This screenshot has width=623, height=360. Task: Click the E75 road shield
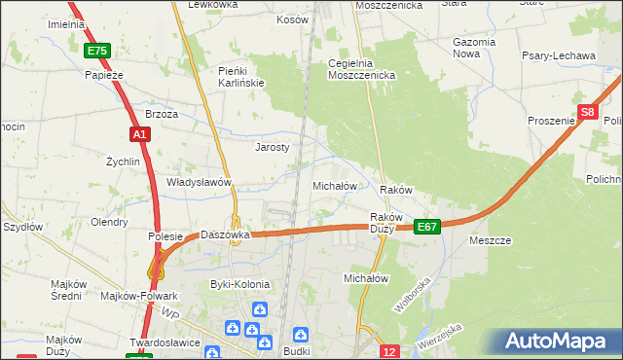point(96,51)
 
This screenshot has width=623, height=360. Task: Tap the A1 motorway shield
point(138,134)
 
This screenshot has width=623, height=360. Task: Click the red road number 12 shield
point(389,351)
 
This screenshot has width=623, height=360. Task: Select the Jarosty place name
point(273,148)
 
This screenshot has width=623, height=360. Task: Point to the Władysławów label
point(199,182)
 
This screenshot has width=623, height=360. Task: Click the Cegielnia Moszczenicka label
point(360,69)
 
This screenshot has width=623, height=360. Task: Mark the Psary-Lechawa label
point(562,56)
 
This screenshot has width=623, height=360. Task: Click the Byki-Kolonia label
point(240,284)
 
